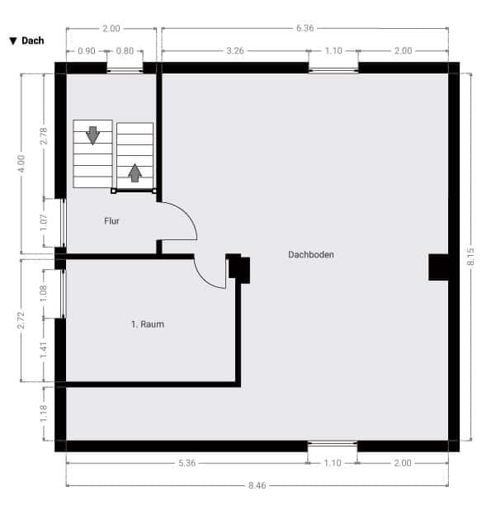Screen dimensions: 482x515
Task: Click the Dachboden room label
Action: tap(311, 254)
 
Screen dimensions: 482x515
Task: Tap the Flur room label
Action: tap(111, 221)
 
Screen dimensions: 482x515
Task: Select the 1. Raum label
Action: tap(148, 324)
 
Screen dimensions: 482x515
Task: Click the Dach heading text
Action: tap(32, 40)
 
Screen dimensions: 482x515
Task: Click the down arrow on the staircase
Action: tap(92, 135)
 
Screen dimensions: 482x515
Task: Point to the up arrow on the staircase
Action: tap(135, 172)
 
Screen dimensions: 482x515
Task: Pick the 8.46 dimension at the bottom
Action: tap(257, 485)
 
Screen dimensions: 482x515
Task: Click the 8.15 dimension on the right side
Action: tap(470, 257)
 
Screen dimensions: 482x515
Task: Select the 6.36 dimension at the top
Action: tap(305, 28)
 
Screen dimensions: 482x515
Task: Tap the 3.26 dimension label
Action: tap(235, 50)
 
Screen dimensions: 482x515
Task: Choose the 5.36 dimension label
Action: tap(187, 463)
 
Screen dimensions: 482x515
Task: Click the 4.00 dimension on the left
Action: tap(21, 163)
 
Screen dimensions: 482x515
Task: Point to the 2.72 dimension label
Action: tap(21, 320)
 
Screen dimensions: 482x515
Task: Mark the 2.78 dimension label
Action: tap(44, 135)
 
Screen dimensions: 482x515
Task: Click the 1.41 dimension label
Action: tap(44, 350)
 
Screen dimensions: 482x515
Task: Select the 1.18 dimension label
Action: tap(44, 413)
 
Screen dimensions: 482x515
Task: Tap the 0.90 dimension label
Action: tap(87, 51)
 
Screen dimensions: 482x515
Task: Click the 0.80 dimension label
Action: tap(125, 51)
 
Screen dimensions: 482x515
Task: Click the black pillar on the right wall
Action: tap(438, 267)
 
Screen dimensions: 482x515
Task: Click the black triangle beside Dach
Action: tap(13, 41)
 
